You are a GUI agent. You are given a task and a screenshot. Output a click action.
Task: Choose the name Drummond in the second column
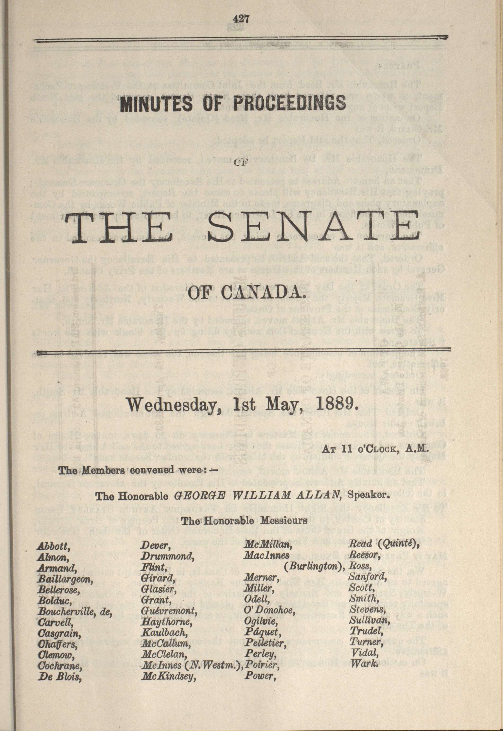167,556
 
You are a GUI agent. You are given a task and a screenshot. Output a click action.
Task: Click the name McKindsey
168,676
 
